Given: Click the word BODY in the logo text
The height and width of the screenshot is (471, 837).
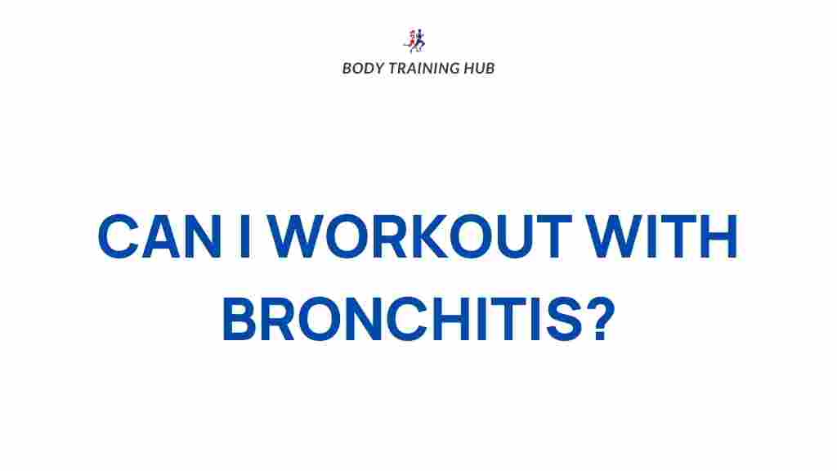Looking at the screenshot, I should [360, 68].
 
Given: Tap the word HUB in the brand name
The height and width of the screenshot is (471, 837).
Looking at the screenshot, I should [480, 68].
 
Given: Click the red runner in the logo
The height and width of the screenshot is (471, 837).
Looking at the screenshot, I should [411, 40].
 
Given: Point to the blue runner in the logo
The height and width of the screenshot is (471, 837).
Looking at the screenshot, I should [421, 40].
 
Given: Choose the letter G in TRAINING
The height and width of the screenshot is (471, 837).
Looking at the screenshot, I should [455, 68].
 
